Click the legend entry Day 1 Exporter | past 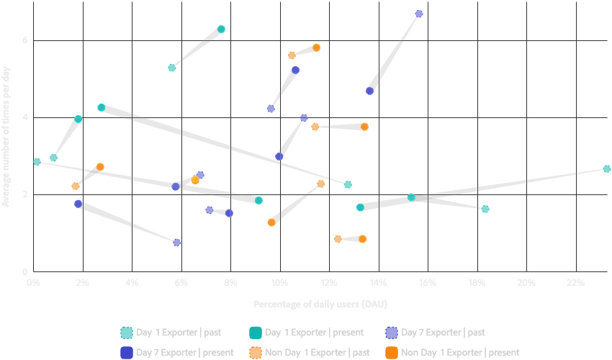(x=171, y=333)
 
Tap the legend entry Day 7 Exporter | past (x=435, y=333)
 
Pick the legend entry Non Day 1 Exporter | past (x=309, y=352)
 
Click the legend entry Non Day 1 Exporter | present (x=451, y=352)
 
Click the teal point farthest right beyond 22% (x=606, y=168)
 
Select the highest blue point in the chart (x=419, y=14)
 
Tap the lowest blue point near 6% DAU (x=177, y=243)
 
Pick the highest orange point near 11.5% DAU (x=316, y=48)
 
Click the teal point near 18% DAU (x=485, y=209)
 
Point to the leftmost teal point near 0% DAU (x=37, y=161)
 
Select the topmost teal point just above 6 (x=221, y=29)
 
